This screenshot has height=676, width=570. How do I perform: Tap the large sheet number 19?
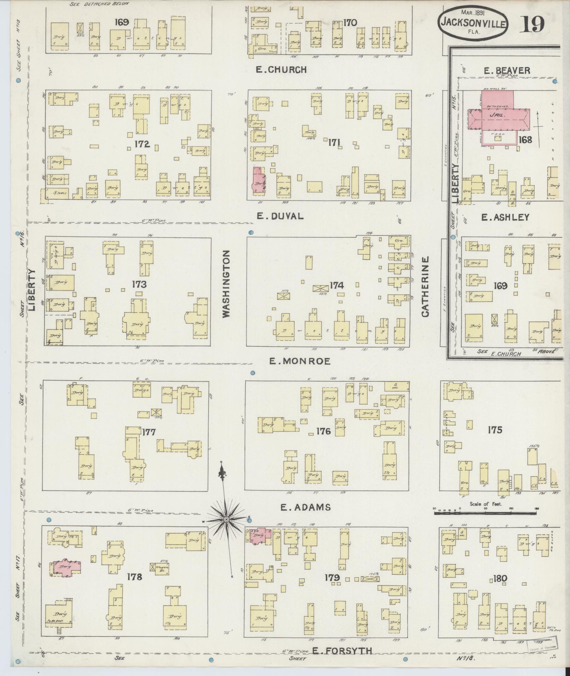[531, 24]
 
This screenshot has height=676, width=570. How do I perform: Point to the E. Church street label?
[281, 70]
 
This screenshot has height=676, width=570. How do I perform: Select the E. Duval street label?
[280, 216]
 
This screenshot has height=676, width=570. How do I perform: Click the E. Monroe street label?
[300, 361]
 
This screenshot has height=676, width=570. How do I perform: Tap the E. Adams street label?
[305, 507]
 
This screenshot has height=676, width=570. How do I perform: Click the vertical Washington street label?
[227, 284]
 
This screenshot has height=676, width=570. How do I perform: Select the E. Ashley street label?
[505, 217]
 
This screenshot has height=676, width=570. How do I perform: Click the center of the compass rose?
[226, 519]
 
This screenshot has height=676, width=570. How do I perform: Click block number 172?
[142, 144]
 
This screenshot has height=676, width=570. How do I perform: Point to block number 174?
[337, 285]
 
